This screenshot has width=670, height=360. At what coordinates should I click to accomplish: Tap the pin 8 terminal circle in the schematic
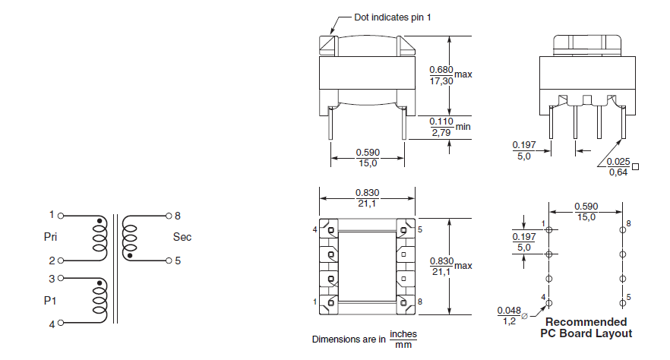tap(169, 216)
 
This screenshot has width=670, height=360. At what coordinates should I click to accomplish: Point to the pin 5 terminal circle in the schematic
tap(169, 261)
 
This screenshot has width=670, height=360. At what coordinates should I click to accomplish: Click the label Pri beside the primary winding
tap(51, 237)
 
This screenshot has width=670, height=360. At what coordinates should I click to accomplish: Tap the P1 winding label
tap(50, 300)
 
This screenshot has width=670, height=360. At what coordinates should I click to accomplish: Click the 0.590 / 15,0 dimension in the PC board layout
tap(585, 211)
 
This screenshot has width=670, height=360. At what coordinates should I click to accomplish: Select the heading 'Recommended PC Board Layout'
tap(586, 327)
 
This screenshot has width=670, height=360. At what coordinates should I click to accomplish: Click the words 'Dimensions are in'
tap(349, 339)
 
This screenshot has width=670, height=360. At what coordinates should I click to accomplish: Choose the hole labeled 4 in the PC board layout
tap(548, 302)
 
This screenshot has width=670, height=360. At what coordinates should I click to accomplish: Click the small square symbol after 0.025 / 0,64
tap(635, 166)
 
